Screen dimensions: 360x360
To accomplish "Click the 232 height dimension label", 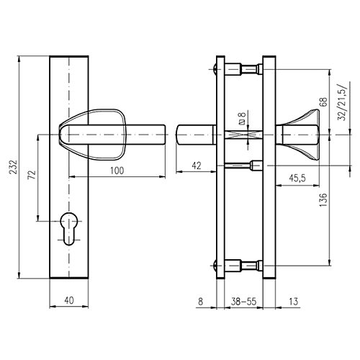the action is (14, 166).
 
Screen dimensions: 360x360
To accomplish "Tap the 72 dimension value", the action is (32, 174).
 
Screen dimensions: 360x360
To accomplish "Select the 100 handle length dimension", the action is (117, 171).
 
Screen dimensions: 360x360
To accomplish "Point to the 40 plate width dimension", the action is (69, 300).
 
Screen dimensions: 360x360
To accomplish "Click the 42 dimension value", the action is (197, 166).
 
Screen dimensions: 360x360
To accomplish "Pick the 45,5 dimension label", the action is (297, 178).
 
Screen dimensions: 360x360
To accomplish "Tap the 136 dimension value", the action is (323, 199).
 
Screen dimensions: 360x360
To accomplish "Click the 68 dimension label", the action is (323, 102).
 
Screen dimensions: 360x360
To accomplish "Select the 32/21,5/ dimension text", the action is (343, 102).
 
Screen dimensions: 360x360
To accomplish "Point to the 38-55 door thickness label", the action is (243, 301).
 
